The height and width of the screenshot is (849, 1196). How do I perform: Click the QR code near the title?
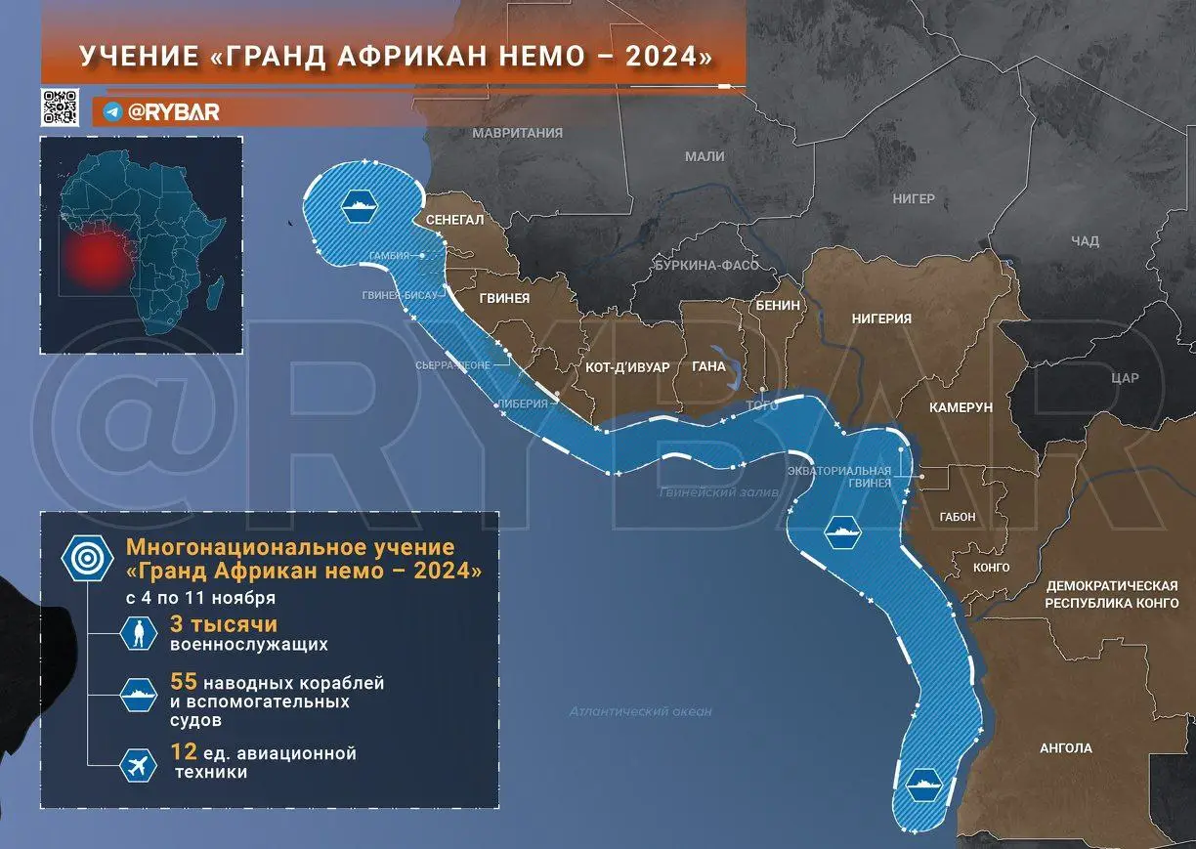[x=61, y=107]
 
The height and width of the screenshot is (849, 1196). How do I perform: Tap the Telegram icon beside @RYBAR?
[x=111, y=112]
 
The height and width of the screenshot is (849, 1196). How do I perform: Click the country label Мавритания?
[x=517, y=133]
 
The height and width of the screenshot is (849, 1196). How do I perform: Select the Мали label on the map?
[x=705, y=156]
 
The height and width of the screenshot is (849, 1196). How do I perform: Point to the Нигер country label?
[x=914, y=199]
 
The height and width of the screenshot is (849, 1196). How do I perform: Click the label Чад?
[x=1085, y=241]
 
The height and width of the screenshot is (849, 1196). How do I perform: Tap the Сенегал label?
[x=454, y=221]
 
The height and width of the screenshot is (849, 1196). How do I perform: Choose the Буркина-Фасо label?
[x=706, y=266]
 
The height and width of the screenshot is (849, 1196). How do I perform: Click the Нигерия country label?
[x=881, y=319]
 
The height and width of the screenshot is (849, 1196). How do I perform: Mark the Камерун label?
[x=961, y=406]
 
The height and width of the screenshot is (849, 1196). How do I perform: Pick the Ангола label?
[x=1066, y=748]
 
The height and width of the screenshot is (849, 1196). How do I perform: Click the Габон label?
[x=957, y=518]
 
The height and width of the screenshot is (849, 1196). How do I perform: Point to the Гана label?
[x=708, y=367]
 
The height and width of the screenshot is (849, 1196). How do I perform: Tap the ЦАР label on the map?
[x=1126, y=378]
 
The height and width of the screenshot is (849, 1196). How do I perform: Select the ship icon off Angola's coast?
[x=922, y=784]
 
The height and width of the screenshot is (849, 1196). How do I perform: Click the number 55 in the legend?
[x=183, y=682]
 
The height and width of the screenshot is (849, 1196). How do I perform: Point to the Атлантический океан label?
[x=640, y=712]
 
